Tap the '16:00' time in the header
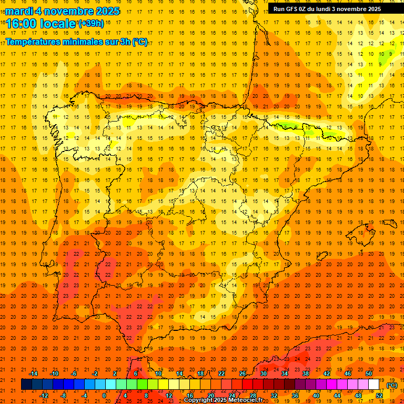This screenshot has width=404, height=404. click(23, 23)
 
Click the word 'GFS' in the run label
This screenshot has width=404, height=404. click(294, 9)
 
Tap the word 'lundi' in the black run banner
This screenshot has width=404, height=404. click(326, 9)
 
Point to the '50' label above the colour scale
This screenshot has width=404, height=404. click(369, 373)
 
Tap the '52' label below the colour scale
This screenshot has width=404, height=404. click(379, 396)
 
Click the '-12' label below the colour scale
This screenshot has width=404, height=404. click(44, 396)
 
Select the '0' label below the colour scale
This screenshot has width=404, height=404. click(105, 396)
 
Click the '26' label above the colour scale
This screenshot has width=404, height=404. click(243, 373)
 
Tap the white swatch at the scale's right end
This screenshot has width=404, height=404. click(374, 385)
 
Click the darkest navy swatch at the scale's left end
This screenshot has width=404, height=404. click(26, 385)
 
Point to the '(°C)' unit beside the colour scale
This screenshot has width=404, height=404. click(392, 385)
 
